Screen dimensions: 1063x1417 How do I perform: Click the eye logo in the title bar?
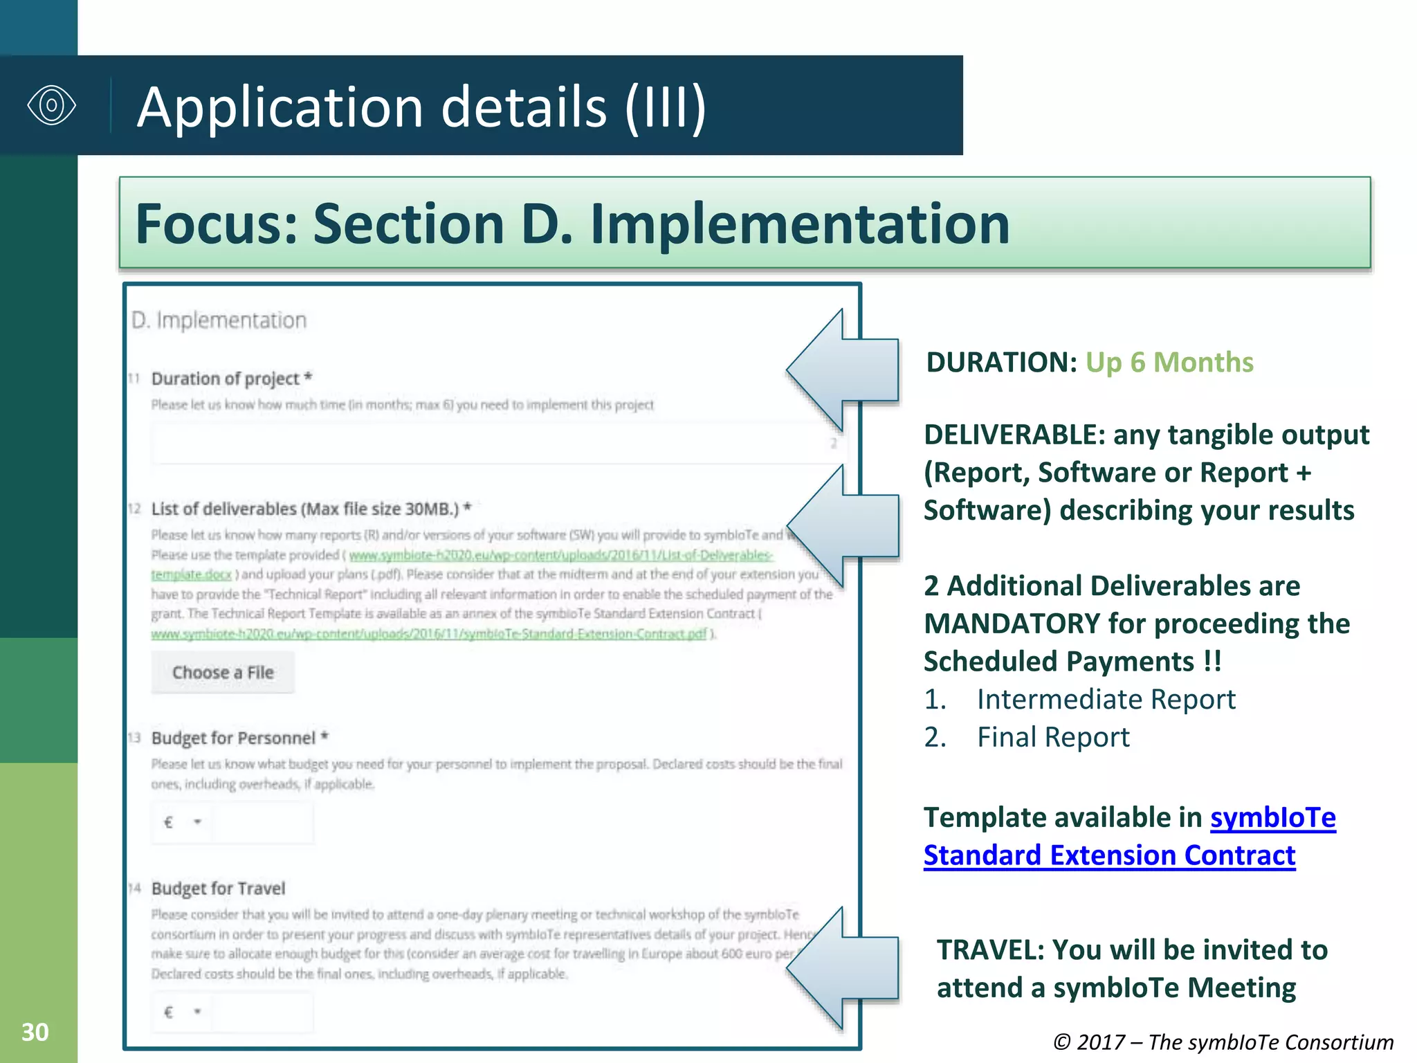(51, 105)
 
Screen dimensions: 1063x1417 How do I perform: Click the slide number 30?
(35, 1032)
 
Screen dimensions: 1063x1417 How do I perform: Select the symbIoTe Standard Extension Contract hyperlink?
(1129, 837)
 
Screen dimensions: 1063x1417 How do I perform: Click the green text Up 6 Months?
(1169, 362)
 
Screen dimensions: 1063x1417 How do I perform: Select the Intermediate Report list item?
(1106, 699)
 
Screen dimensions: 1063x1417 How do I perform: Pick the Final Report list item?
(1052, 737)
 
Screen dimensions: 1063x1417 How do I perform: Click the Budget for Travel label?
(218, 888)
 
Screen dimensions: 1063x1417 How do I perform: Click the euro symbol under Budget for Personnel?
(168, 822)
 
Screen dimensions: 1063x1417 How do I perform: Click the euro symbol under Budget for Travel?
(168, 1012)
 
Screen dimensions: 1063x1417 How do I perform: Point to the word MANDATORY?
(1012, 624)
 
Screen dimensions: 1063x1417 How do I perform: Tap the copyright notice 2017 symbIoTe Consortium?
(1223, 1042)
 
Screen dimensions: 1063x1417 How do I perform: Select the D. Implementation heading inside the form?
(219, 320)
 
